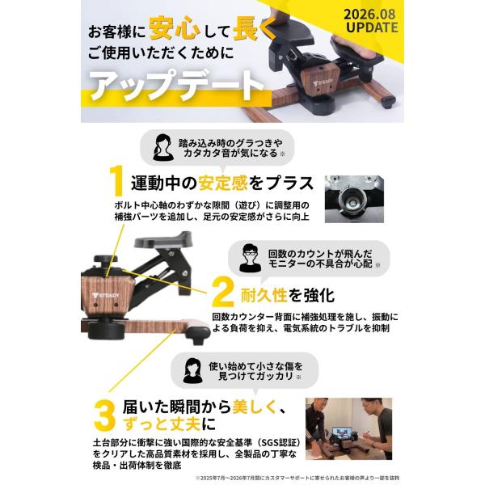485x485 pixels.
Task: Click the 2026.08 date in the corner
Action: [369, 14]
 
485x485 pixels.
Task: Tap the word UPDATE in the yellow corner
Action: [372, 27]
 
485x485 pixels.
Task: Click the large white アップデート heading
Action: [177, 84]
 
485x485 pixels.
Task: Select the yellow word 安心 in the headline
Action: [175, 28]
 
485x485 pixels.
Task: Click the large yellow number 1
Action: [117, 180]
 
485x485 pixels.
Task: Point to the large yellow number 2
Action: [222, 292]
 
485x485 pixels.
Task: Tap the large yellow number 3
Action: [104, 415]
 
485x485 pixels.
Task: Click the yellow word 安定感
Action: [223, 183]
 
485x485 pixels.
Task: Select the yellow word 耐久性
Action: [264, 295]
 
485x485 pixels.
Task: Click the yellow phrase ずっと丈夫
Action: [162, 424]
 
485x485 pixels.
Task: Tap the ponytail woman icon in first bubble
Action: [163, 147]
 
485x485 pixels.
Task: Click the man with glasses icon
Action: [250, 258]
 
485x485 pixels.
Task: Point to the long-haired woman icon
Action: [192, 370]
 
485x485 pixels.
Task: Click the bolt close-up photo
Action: [354, 199]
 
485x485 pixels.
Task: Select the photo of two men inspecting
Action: [348, 428]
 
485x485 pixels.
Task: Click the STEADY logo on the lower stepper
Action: [106, 295]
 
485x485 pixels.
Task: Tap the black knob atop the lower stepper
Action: [105, 262]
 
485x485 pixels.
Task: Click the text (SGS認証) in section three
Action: [277, 442]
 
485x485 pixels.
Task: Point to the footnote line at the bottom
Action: [297, 478]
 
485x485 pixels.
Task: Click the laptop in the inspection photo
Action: [342, 432]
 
